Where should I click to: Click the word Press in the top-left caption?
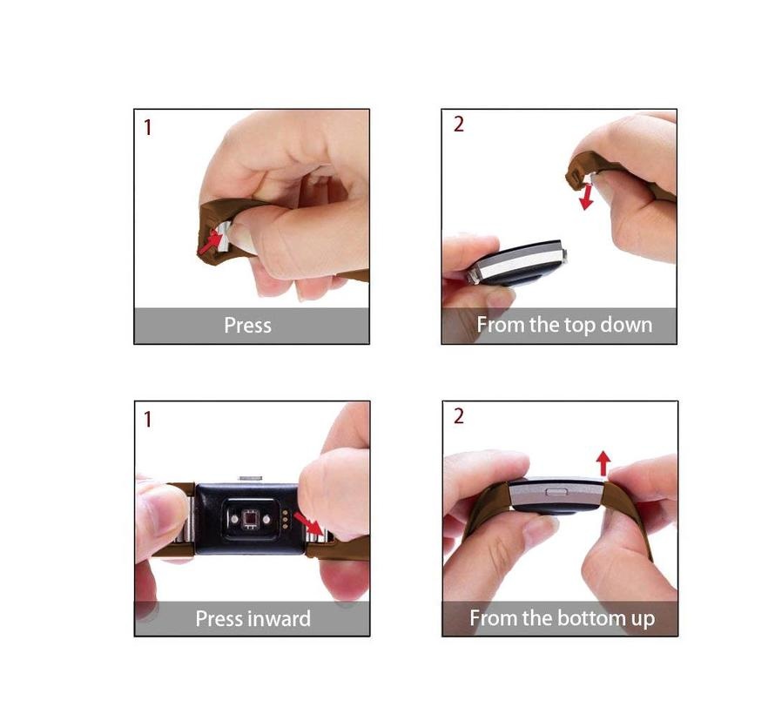click(x=247, y=325)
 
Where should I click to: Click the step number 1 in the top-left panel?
click(x=147, y=127)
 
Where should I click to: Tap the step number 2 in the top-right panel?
click(x=459, y=124)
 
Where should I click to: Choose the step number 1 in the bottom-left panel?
click(x=147, y=420)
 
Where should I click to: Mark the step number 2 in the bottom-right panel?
click(x=459, y=416)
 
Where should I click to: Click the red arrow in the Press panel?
click(x=210, y=243)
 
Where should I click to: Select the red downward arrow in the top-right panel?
click(x=587, y=197)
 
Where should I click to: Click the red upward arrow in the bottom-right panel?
click(x=603, y=463)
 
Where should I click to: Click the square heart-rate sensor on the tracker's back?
click(x=251, y=519)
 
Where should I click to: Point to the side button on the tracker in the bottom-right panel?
click(x=556, y=491)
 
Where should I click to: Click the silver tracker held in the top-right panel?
click(x=517, y=263)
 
